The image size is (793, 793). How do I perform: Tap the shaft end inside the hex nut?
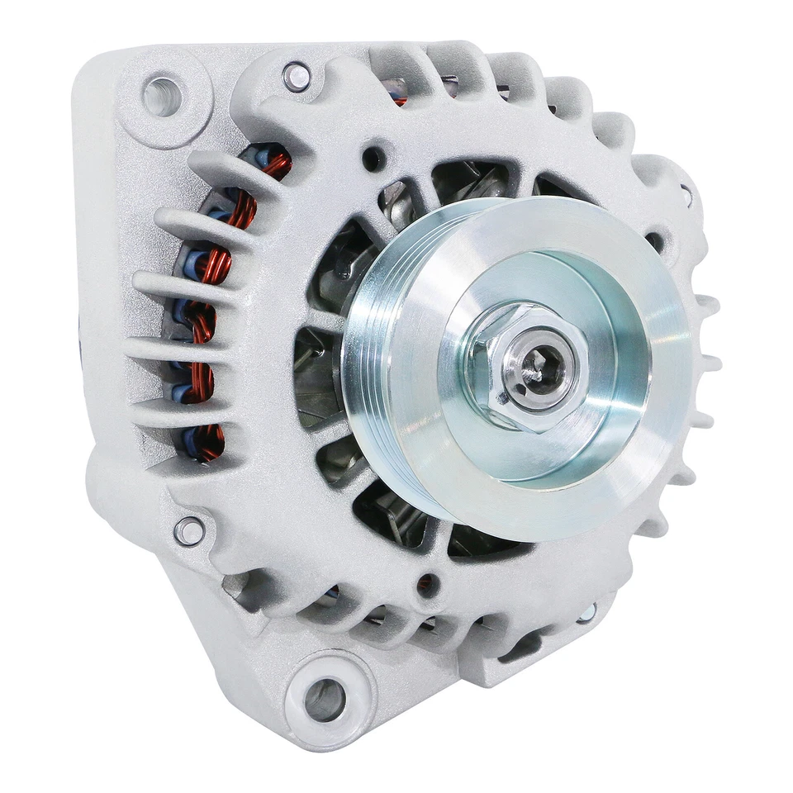[x=537, y=369]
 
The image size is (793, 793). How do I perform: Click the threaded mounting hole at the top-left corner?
[x=161, y=96]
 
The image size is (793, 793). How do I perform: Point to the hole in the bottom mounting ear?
[x=324, y=699]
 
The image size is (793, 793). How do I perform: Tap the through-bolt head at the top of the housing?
[x=297, y=78]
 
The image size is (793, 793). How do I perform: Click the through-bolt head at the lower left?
[x=189, y=530]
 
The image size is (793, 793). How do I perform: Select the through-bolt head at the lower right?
[x=587, y=612]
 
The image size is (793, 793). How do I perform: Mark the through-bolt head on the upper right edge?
[x=686, y=196]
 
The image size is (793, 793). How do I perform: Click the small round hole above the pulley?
[x=373, y=157]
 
